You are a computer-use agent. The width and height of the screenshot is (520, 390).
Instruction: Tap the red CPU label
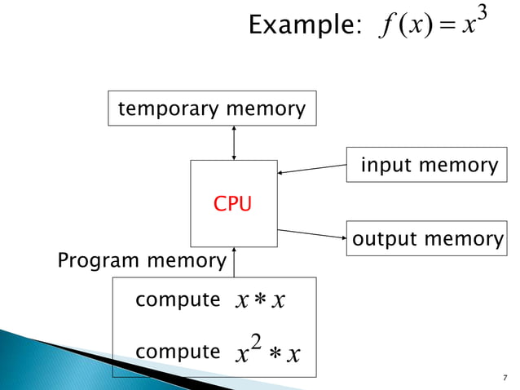(x=232, y=204)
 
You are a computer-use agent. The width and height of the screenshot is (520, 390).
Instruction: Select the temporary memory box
(x=212, y=109)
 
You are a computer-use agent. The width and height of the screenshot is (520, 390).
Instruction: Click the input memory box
(x=429, y=166)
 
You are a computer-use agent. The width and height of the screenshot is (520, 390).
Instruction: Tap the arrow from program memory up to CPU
(x=234, y=262)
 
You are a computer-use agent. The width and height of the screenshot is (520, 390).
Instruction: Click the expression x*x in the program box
(x=258, y=301)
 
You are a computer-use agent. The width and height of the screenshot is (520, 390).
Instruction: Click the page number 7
(x=505, y=377)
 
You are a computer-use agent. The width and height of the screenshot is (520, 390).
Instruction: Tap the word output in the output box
(x=383, y=239)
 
